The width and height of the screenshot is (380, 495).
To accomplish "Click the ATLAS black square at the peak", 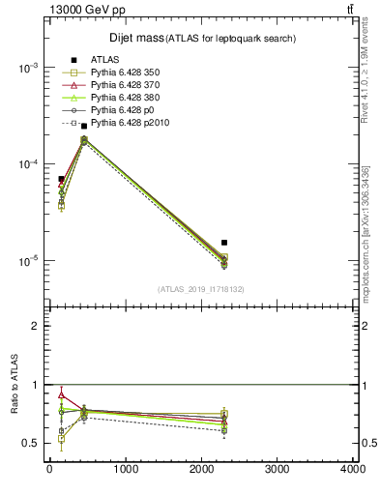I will tap(84, 126).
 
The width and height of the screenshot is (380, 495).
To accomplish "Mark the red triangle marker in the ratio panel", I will tap(61, 394).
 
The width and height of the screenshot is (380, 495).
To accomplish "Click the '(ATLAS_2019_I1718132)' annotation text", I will tap(200, 289).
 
